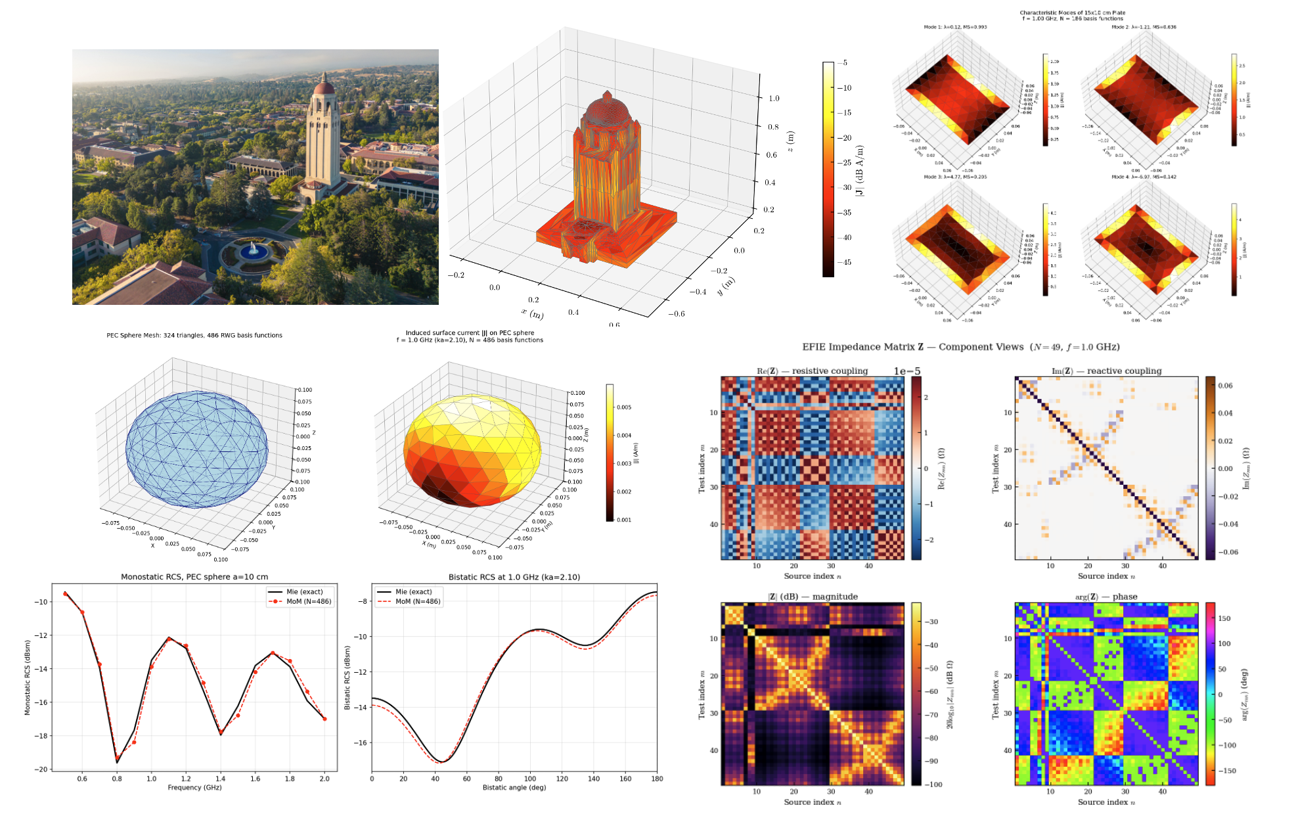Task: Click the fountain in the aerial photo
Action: click(x=253, y=250)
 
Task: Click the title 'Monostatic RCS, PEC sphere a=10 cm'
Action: click(x=194, y=577)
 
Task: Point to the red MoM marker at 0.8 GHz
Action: click(x=117, y=759)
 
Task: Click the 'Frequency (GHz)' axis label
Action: click(x=194, y=787)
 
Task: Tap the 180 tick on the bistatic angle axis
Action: click(x=656, y=779)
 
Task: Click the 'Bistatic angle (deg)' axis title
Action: click(x=514, y=787)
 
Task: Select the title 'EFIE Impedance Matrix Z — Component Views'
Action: click(x=960, y=347)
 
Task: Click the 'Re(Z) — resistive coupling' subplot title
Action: click(x=812, y=371)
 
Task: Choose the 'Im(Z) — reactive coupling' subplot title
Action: click(x=1106, y=371)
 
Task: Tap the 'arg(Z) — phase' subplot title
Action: click(x=1106, y=597)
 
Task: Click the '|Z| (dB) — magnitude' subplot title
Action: click(x=813, y=597)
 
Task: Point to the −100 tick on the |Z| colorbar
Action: click(x=933, y=785)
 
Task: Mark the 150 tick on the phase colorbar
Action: click(x=1224, y=618)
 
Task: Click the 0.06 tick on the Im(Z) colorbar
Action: click(x=1225, y=386)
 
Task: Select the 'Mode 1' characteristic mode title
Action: click(x=955, y=27)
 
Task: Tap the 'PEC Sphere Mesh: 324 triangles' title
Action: click(x=194, y=335)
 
